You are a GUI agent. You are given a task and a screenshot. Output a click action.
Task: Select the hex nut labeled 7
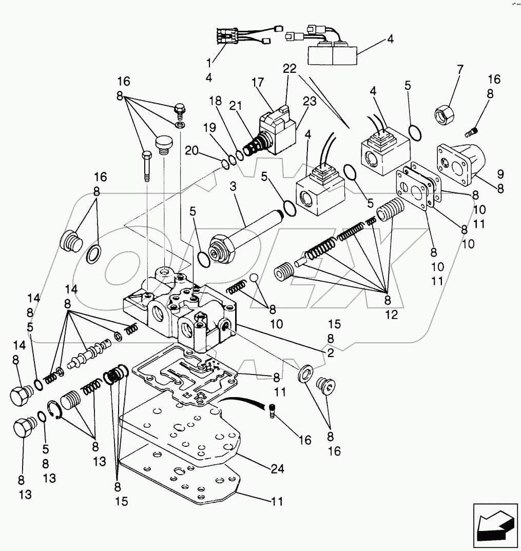click(443, 113)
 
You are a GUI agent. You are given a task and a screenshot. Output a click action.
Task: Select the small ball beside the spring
click(254, 278)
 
